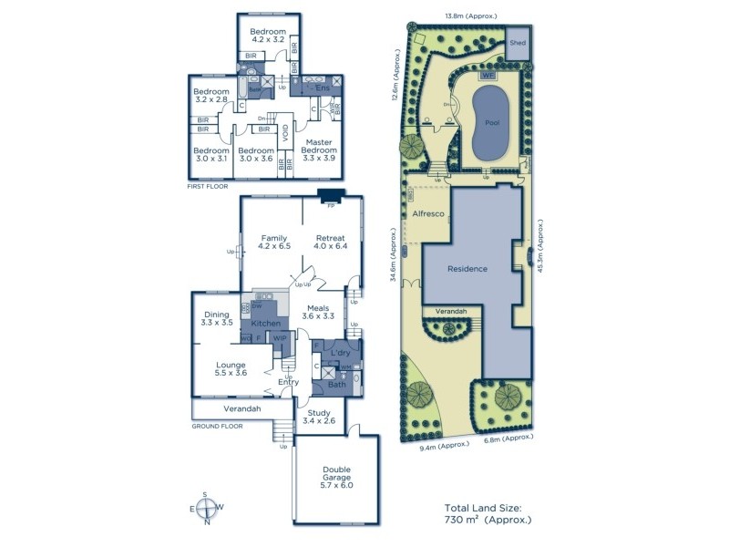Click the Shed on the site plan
tap(518, 43)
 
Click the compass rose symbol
tap(207, 508)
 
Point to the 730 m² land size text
tap(488, 519)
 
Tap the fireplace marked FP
tap(330, 195)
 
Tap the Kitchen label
tap(265, 324)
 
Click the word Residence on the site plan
tap(467, 269)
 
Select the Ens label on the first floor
tap(322, 88)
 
